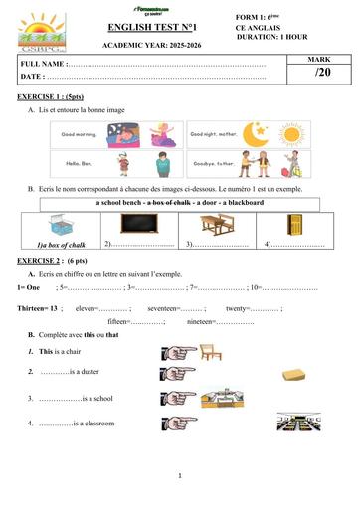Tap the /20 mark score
click(x=320, y=73)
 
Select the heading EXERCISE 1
click(x=49, y=99)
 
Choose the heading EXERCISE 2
click(x=49, y=260)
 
